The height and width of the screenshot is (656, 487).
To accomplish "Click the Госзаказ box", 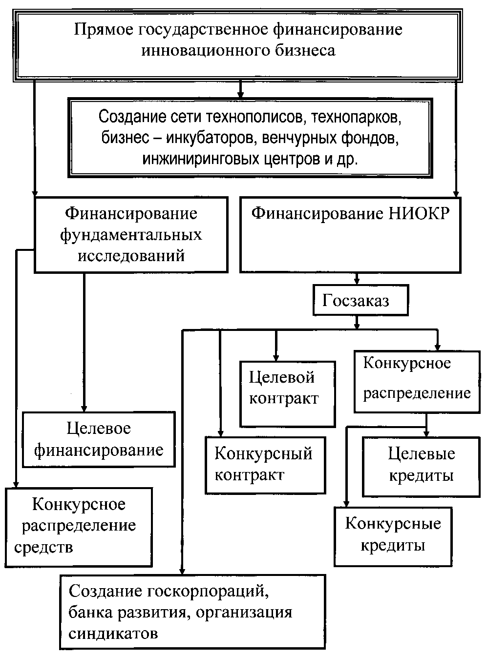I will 360,301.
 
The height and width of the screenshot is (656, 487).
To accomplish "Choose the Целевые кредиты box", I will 421,466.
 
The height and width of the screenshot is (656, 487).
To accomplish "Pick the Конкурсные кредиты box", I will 392,535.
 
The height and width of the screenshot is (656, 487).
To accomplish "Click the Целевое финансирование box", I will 98,439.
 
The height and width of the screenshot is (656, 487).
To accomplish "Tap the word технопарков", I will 357,118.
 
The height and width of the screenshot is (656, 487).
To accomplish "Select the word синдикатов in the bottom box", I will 113,634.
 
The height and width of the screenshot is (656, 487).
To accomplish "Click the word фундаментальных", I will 131,235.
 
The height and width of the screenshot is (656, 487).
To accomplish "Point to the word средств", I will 43,547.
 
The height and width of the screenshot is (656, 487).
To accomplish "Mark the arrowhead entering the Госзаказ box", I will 357,282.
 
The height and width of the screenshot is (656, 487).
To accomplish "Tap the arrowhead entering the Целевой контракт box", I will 276,357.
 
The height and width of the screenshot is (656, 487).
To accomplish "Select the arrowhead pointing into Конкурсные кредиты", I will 347,504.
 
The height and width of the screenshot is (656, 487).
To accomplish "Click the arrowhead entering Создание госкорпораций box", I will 182,570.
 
